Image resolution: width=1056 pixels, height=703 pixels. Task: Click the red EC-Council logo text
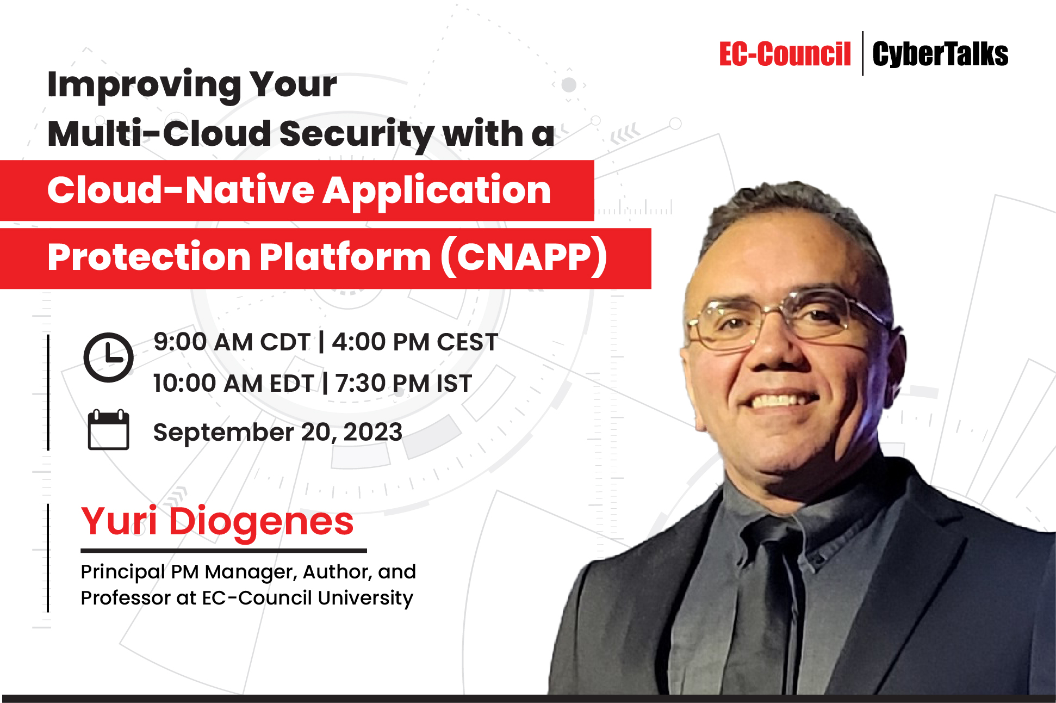784,54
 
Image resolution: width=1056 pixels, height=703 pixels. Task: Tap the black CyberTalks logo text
940,54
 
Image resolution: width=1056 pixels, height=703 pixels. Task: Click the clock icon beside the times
108,357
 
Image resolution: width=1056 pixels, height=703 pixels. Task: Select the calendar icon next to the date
108,430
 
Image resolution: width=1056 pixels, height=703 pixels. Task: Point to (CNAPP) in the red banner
523,257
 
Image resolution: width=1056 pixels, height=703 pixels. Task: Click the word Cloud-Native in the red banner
181,190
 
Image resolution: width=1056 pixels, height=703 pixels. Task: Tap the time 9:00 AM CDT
231,342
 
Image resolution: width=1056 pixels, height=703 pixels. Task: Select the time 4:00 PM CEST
414,342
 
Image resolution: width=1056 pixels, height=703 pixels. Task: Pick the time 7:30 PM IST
403,384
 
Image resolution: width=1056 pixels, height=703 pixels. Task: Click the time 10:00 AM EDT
233,384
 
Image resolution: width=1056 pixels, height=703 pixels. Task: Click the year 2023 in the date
372,432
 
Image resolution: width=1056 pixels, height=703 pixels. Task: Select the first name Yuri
119,521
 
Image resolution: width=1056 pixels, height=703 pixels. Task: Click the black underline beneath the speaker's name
223,551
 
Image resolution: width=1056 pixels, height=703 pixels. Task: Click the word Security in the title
356,134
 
